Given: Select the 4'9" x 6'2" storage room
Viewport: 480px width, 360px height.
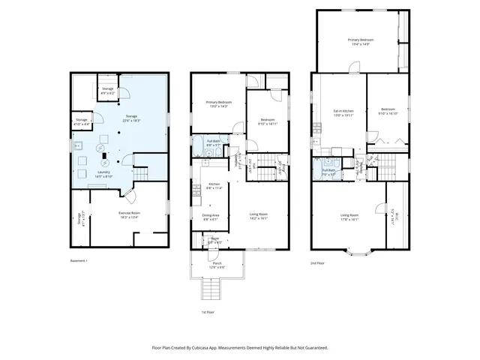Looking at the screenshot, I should (x=108, y=90).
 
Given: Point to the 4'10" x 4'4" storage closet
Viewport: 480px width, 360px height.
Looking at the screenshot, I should (x=81, y=121).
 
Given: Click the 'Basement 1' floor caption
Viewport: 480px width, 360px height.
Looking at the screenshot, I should (x=78, y=261).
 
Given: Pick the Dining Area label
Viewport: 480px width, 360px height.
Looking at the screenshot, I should (x=211, y=217).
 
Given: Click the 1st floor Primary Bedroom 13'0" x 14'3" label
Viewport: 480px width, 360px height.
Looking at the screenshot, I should (x=219, y=104).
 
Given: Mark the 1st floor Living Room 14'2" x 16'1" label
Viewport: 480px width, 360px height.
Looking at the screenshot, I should (x=259, y=217).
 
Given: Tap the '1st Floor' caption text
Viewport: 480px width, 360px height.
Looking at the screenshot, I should (x=208, y=311).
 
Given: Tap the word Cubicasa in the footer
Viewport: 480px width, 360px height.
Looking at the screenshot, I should (x=220, y=347).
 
